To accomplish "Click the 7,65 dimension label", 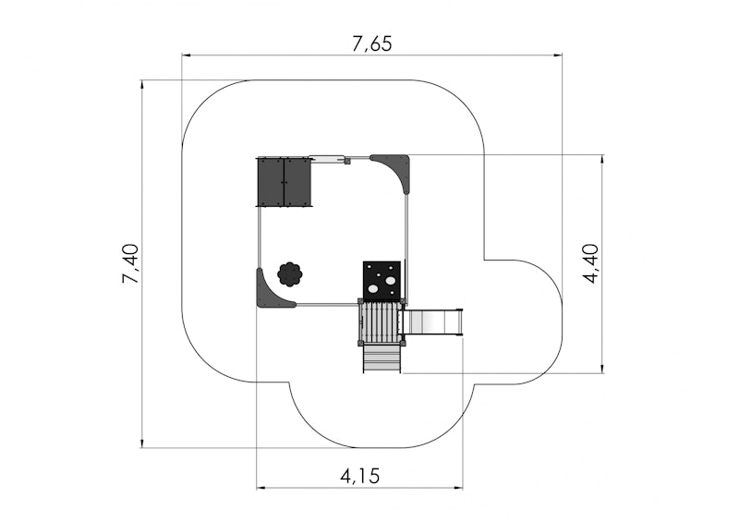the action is [x=372, y=43].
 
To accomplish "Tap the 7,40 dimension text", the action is [x=130, y=263].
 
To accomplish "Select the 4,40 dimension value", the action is [x=590, y=263].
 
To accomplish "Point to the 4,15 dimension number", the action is [x=359, y=476].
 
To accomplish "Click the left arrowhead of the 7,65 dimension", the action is [x=187, y=55].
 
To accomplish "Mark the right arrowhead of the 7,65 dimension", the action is [x=557, y=55].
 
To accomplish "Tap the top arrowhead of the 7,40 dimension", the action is [x=142, y=85].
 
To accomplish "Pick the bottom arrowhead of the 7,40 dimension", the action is [x=142, y=443].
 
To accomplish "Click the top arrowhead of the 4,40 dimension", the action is [x=602, y=160].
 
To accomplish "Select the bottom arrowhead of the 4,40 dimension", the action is [x=602, y=369].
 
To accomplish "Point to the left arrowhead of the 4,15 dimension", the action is [x=261, y=487].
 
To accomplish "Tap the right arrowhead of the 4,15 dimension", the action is [x=458, y=487].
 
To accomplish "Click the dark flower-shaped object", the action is [x=289, y=274].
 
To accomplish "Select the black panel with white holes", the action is [x=382, y=281].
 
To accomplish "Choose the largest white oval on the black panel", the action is [x=390, y=281].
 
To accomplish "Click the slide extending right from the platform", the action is [x=433, y=322].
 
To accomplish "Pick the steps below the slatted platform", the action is [x=382, y=358].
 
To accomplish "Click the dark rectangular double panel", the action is [x=284, y=181].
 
